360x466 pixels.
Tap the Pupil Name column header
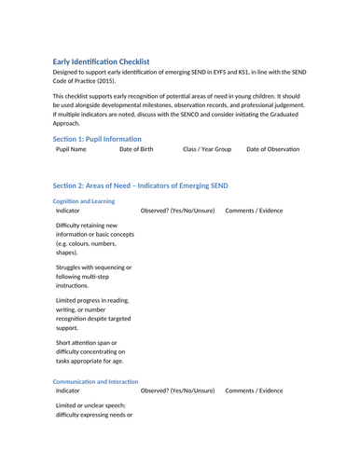coord(71,149)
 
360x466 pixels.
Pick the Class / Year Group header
coord(207,149)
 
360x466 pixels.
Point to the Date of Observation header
coord(273,149)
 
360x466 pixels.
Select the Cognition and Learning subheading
coord(84,200)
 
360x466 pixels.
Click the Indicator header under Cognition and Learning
coord(68,211)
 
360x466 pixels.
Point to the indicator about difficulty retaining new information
coord(88,239)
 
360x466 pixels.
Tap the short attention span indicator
coord(90,351)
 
